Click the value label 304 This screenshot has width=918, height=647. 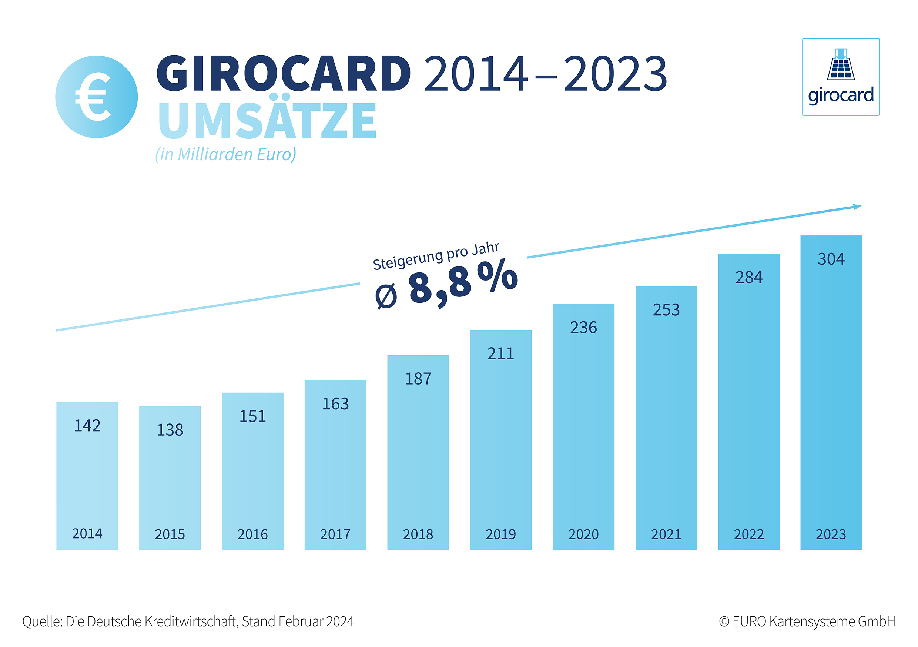831,259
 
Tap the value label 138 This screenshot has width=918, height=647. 170,430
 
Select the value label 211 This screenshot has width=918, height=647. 500,353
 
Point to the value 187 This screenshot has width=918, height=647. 418,379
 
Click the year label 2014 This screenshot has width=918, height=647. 87,533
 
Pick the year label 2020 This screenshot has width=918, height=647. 583,534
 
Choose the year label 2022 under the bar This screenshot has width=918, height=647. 749,534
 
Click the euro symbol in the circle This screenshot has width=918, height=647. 93,97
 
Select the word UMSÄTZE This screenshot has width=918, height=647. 267,120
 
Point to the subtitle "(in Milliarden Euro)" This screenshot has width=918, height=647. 226,154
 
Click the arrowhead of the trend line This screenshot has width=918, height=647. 857,207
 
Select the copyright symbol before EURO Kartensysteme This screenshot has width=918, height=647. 724,622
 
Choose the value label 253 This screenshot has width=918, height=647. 666,310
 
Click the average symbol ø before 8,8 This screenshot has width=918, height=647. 386,296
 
